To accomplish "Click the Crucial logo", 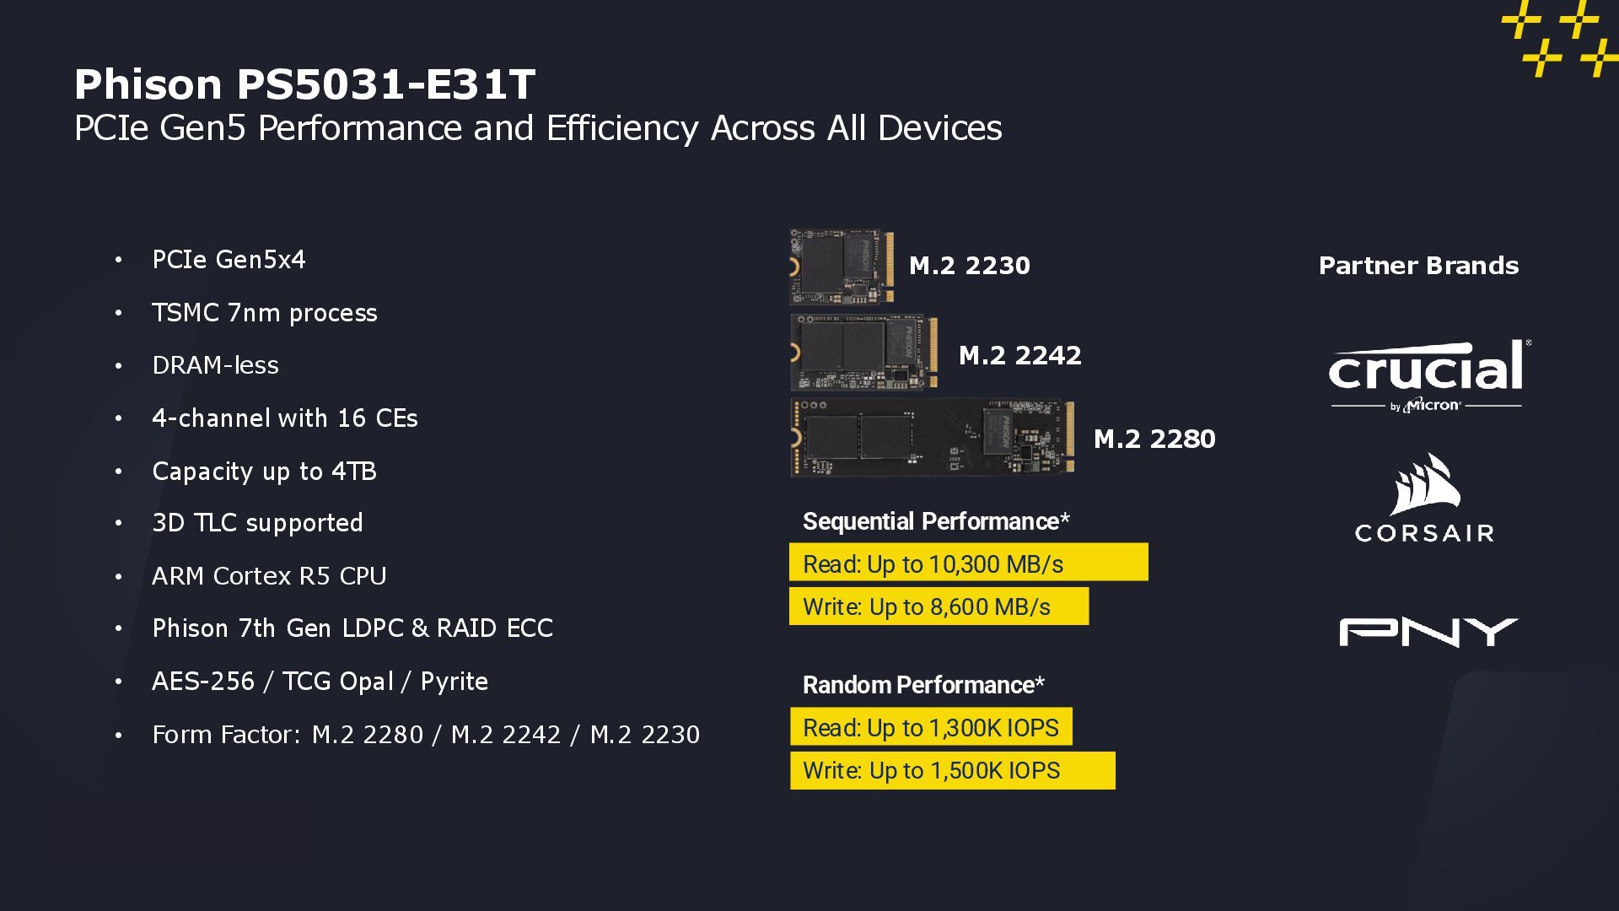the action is (x=1427, y=375).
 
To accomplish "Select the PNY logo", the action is (x=1428, y=632).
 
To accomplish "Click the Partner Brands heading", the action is (x=1418, y=266).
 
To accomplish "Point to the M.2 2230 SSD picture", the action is (x=841, y=267).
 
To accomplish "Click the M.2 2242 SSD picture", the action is (x=864, y=353).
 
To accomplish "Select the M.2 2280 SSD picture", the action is (x=933, y=438).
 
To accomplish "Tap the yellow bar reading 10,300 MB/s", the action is (x=968, y=563).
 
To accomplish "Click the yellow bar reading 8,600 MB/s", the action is (x=939, y=606).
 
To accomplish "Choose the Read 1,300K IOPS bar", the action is (x=931, y=727).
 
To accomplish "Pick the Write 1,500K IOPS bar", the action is (x=952, y=771).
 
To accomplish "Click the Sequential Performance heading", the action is (x=935, y=521).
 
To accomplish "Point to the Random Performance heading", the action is (x=922, y=685).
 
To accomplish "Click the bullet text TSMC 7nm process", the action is (x=264, y=313).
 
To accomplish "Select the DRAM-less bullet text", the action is (x=215, y=365).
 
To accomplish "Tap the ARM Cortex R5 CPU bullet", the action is (x=269, y=576).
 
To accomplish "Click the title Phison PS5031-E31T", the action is (x=304, y=84).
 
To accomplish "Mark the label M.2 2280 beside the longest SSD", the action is (x=1154, y=439).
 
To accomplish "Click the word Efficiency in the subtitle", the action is (x=622, y=128).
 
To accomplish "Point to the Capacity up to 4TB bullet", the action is (x=264, y=471).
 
